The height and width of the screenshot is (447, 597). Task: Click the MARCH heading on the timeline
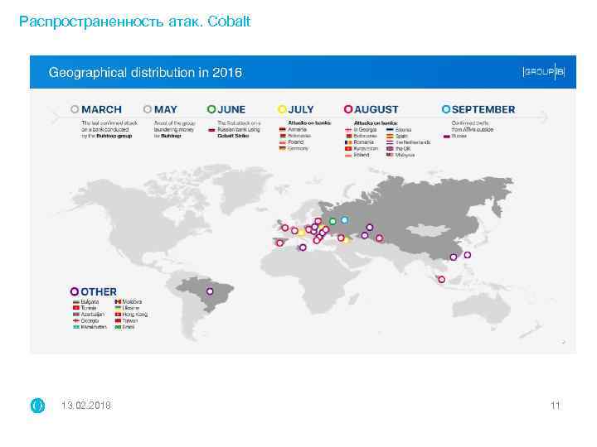click(101, 109)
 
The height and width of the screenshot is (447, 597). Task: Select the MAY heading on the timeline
click(165, 109)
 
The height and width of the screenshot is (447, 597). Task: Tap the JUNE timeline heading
click(231, 109)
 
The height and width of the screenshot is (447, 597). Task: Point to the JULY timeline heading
click(301, 109)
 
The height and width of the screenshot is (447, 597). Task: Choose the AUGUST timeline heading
click(376, 109)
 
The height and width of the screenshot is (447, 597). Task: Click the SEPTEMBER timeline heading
click(483, 109)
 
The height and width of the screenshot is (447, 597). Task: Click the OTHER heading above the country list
click(99, 291)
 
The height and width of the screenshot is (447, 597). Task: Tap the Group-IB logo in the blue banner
click(544, 72)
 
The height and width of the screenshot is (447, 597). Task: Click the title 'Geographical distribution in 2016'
click(145, 73)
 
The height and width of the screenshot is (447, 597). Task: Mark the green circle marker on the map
click(332, 221)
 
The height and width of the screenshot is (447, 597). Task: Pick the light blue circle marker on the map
click(345, 220)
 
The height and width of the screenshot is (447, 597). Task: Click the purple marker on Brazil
click(210, 291)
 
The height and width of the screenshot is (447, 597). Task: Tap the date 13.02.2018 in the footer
click(86, 406)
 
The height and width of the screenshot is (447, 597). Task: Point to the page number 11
click(556, 406)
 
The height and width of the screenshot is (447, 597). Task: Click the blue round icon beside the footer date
click(37, 406)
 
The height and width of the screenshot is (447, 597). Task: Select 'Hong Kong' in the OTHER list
click(135, 315)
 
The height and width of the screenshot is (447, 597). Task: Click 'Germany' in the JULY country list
click(298, 148)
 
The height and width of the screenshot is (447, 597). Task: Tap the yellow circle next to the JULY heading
click(282, 109)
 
